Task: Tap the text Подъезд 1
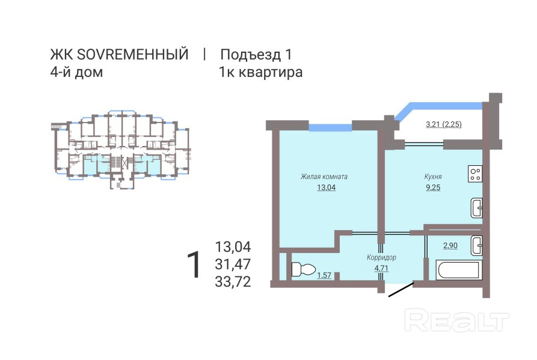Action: coord(256,55)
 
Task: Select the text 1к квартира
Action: coord(261,73)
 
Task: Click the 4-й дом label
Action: coord(76,73)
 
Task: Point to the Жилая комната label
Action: coord(325,177)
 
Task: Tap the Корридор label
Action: coord(381,258)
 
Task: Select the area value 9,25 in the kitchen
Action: coord(433,188)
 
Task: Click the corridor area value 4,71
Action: coord(381,268)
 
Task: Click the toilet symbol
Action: coord(300,270)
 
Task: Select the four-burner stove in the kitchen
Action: coord(476,173)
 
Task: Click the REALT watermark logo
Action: coord(456,320)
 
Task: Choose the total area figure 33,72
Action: coord(233,281)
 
